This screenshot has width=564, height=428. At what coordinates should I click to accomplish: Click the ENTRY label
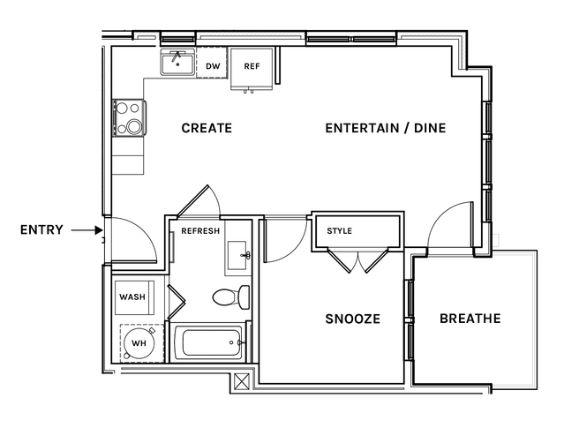41,229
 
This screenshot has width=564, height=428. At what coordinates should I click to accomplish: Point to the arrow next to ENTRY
87,229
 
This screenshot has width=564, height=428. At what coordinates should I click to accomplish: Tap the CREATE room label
207,128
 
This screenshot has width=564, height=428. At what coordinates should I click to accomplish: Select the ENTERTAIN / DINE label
385,128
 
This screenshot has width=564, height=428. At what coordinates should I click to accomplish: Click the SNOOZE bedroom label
352,319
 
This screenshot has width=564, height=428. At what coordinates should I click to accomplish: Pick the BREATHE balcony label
470,319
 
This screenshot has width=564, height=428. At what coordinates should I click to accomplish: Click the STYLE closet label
339,231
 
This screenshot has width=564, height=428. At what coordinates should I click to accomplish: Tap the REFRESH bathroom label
200,231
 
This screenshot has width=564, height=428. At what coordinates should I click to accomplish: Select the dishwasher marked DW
212,63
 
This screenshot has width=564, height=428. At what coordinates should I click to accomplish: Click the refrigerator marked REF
252,69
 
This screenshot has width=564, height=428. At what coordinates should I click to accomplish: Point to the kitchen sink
177,63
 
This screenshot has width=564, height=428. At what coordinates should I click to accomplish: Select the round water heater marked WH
139,343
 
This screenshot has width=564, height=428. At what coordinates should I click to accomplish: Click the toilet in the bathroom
231,297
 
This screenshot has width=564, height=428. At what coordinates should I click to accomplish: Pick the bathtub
212,342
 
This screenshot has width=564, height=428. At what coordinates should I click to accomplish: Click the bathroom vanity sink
237,255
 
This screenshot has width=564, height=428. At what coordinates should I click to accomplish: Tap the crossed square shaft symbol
241,381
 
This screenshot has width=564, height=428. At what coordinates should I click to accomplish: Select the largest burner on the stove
134,126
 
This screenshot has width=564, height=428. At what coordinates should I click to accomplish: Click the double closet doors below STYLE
357,259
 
